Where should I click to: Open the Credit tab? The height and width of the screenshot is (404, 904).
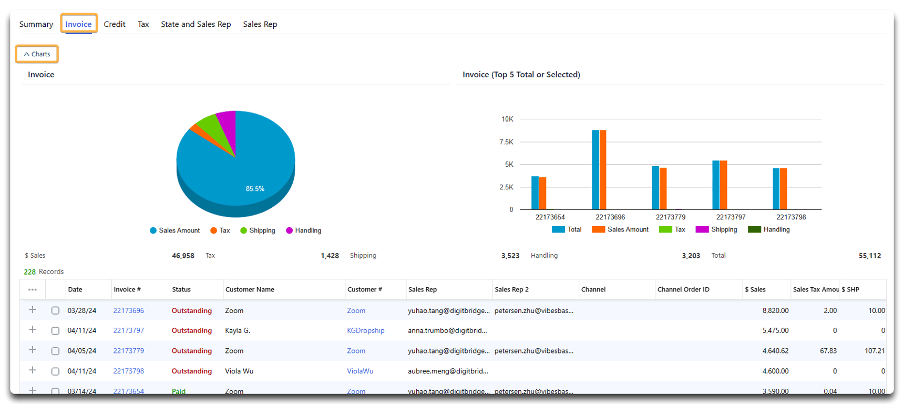pyautogui.click(x=114, y=24)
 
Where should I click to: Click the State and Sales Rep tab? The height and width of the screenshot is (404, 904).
pyautogui.click(x=196, y=24)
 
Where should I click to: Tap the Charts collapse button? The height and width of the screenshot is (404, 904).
pyautogui.click(x=37, y=54)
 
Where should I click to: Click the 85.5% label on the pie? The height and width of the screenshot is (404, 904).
pyautogui.click(x=255, y=189)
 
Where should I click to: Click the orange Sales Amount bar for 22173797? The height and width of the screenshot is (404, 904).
pyautogui.click(x=724, y=185)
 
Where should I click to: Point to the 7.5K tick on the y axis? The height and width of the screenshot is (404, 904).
pyautogui.click(x=506, y=142)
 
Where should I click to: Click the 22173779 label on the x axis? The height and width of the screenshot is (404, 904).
pyautogui.click(x=670, y=217)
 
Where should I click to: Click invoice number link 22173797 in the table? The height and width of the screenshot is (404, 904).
pyautogui.click(x=128, y=331)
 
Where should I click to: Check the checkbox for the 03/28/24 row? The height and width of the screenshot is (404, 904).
pyautogui.click(x=55, y=311)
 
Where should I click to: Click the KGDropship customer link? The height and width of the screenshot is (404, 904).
pyautogui.click(x=365, y=331)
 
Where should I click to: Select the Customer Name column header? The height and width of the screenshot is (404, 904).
pyautogui.click(x=250, y=290)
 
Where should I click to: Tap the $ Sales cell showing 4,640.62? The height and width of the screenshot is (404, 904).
pyautogui.click(x=775, y=351)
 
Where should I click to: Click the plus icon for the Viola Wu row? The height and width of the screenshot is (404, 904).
pyautogui.click(x=33, y=370)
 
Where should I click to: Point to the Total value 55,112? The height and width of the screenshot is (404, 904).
pyautogui.click(x=869, y=256)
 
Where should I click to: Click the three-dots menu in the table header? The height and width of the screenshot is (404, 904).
pyautogui.click(x=33, y=290)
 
